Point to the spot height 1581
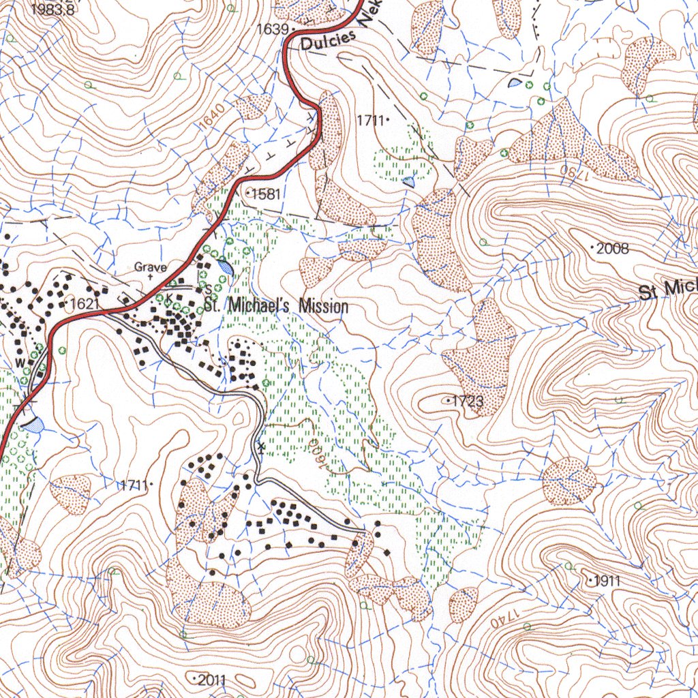coord(266,194)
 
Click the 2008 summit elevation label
coord(612,248)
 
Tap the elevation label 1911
coord(607,581)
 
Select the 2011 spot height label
coord(211,680)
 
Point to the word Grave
coord(150,267)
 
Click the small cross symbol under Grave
coord(150,277)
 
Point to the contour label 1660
coord(318,453)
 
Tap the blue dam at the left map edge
coord(32,425)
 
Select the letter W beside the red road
coord(20,361)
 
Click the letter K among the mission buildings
coord(168,299)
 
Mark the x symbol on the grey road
coord(260,446)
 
